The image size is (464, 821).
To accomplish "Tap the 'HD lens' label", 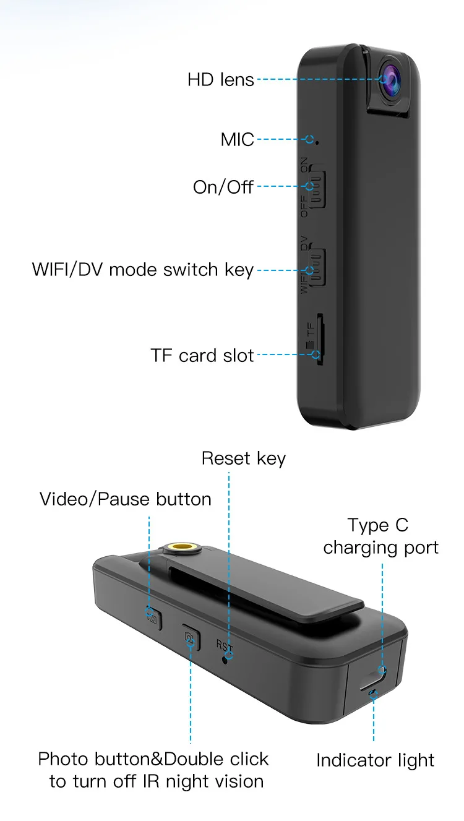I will tap(221, 80).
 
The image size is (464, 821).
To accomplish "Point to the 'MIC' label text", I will tap(238, 140).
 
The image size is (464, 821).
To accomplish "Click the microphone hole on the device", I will tap(317, 142).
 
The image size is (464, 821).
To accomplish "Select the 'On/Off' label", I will tap(223, 186).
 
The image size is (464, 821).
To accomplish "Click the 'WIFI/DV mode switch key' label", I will tap(143, 270).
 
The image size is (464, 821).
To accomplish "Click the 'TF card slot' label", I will tap(202, 355).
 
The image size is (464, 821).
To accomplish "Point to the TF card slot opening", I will tap(319, 340).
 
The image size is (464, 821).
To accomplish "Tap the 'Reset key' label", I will tap(244, 458).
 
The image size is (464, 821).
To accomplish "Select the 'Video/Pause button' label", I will tap(126, 499).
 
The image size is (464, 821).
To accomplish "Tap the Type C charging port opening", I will tap(376, 675).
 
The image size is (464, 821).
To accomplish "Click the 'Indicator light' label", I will tap(375, 760).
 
